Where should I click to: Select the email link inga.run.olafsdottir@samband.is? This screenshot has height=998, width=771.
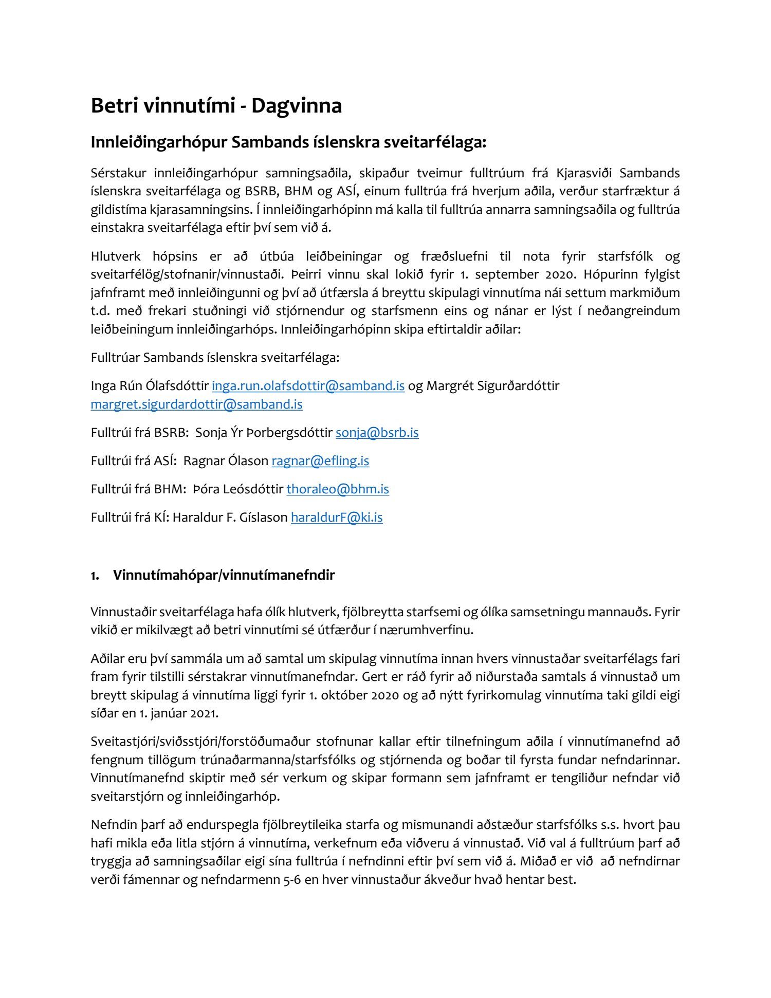pos(308,386)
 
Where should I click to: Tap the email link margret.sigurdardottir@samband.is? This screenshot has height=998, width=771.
pos(196,404)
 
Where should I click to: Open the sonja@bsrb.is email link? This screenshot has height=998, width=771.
pos(377,433)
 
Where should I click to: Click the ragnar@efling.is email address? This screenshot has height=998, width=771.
pos(320,461)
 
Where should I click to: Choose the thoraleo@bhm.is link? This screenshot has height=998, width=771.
pos(337,489)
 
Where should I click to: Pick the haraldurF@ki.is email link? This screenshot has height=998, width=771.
pos(336,518)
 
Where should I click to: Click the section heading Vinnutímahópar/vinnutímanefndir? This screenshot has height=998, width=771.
pos(224,575)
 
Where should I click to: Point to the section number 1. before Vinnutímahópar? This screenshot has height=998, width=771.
pos(95,576)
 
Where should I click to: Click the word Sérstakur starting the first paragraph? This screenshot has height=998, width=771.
pos(118,173)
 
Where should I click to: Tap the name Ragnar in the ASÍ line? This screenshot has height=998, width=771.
pos(202,461)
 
